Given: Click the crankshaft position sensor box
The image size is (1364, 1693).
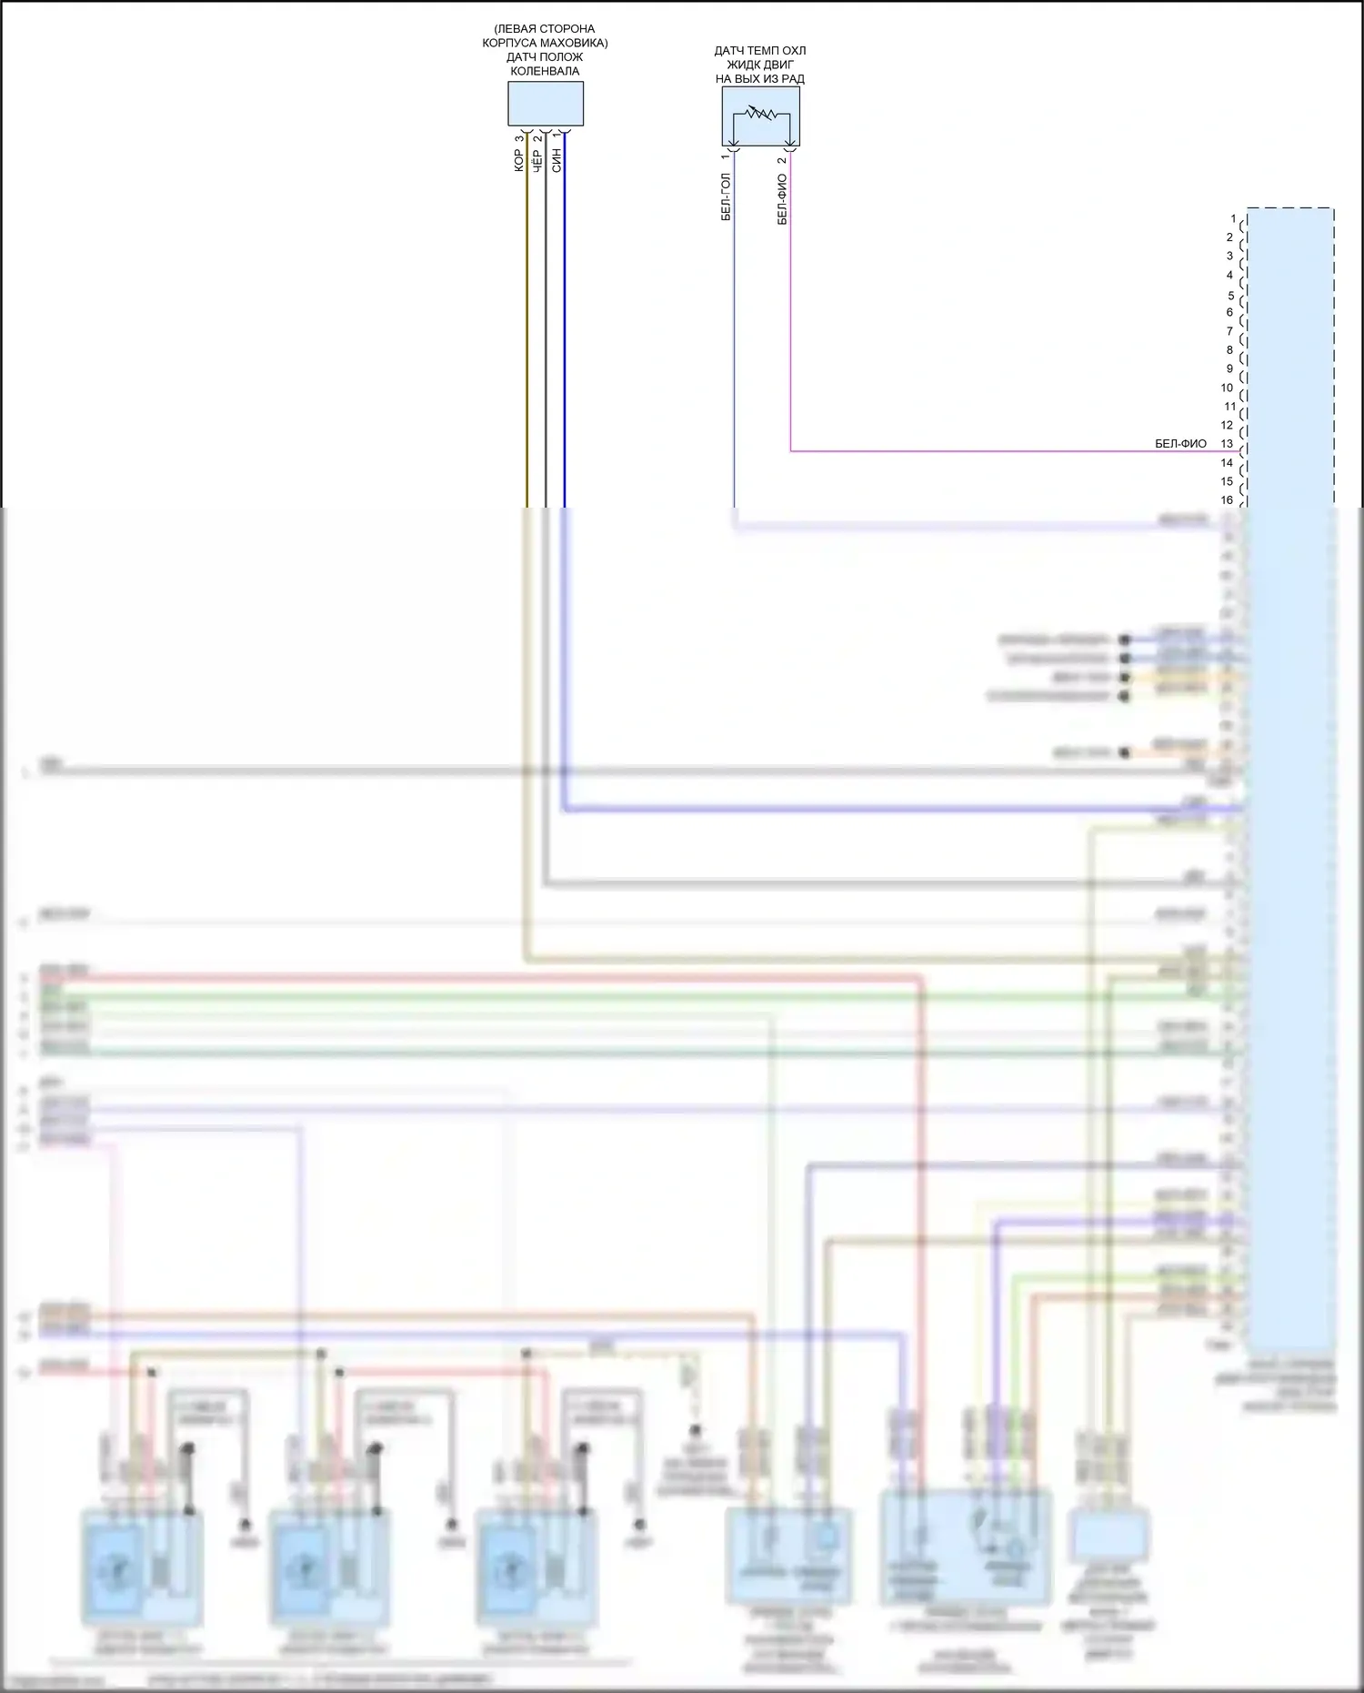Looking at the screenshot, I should tap(545, 104).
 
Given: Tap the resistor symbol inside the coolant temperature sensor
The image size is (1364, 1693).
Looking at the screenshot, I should tap(760, 114).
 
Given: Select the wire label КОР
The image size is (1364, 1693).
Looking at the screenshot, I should tap(519, 161).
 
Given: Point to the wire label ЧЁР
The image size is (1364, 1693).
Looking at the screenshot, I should tap(537, 162).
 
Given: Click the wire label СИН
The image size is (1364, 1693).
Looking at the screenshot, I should tap(557, 161).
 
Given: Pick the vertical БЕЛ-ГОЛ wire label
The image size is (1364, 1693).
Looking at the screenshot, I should tap(726, 197).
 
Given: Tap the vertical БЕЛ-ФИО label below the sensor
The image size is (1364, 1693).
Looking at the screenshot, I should tap(782, 199).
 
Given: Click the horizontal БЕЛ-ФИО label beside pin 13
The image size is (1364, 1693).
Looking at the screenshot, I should tap(1180, 444).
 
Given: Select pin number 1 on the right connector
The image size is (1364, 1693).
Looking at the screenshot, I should tap(1233, 219).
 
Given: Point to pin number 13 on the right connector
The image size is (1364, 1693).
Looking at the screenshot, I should tap(1227, 444).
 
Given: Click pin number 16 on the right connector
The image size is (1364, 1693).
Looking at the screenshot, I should tap(1227, 500).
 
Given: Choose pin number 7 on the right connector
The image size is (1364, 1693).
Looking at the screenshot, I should tap(1229, 331).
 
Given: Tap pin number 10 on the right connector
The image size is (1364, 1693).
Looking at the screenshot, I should tap(1227, 388).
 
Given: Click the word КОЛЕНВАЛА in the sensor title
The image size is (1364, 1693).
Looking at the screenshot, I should tap(545, 71).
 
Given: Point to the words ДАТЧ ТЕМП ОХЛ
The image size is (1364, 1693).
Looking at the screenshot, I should tap(760, 51).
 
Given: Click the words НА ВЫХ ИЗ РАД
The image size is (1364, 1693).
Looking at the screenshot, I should tap(760, 79).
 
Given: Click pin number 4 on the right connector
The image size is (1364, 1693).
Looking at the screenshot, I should tap(1229, 275).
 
